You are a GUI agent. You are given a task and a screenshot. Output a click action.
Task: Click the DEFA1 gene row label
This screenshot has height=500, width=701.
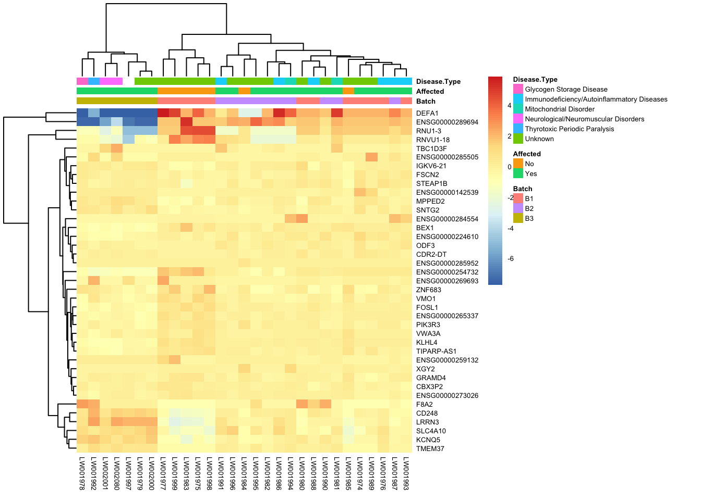(x=427, y=113)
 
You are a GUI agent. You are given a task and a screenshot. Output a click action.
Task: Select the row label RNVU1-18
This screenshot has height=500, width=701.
(x=433, y=140)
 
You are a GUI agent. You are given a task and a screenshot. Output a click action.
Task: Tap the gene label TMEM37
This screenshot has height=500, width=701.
(x=430, y=448)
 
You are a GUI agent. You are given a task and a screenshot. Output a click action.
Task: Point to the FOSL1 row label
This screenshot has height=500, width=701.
(x=427, y=307)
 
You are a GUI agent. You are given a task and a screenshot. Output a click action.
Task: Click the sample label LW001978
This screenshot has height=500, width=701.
(x=82, y=473)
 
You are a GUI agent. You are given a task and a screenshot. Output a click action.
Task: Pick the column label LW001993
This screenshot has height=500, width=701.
(x=406, y=473)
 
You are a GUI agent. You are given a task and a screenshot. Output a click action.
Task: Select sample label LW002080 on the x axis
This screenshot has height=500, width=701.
(x=117, y=473)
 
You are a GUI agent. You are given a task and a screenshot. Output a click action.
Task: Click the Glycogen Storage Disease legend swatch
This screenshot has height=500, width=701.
(x=518, y=89)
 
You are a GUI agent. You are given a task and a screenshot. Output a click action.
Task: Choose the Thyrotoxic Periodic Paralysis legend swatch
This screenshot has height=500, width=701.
(x=518, y=129)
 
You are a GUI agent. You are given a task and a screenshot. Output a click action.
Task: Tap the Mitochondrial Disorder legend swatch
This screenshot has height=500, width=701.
(x=518, y=109)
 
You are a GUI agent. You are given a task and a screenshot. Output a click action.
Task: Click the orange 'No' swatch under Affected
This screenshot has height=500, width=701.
(x=518, y=164)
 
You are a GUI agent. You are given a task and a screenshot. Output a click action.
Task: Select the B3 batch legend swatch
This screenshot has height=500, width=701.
(x=518, y=218)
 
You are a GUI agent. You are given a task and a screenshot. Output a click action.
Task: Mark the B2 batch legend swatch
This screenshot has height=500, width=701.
(x=518, y=208)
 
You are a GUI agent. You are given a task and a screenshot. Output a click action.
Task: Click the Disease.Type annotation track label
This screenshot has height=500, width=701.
(x=438, y=81)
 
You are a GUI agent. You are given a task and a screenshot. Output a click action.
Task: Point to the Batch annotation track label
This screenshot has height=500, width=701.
(x=426, y=101)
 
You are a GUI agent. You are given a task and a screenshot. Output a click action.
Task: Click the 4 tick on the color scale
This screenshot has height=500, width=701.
(x=510, y=106)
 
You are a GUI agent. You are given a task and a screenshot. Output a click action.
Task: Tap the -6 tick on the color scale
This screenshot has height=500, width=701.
(x=511, y=259)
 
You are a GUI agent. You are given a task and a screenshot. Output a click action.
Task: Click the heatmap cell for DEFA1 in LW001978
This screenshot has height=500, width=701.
(x=82, y=113)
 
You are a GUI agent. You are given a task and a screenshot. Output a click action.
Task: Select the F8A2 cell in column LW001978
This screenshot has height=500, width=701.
(x=82, y=404)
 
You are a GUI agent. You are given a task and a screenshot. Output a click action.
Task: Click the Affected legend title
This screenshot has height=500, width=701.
(x=527, y=154)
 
